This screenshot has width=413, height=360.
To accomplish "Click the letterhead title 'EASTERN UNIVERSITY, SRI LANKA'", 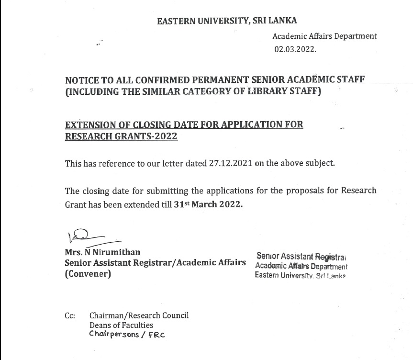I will [x=227, y=21].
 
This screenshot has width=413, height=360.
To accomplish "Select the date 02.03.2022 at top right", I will [x=295, y=49].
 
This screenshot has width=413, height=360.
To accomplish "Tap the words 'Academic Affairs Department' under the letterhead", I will [x=324, y=36].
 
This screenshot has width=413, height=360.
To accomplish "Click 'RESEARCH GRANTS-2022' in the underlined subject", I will [x=121, y=136].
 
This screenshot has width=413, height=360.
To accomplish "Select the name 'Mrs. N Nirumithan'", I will [x=102, y=252].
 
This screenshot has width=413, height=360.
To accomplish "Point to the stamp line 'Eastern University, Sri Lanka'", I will [x=300, y=275].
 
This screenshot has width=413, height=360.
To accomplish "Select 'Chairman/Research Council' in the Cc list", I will [x=139, y=315].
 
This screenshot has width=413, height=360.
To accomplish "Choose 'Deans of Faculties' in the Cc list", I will [x=121, y=326].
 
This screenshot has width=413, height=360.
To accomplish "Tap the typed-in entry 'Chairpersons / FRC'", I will [x=127, y=335].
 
